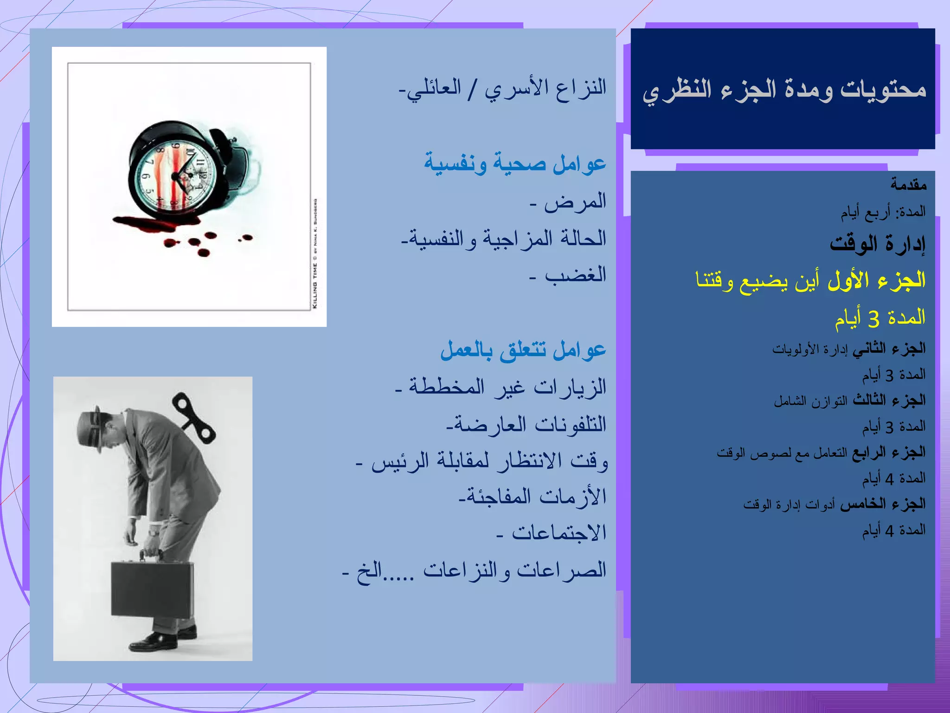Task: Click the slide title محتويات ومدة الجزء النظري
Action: coord(784,90)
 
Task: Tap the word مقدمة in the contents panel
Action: coord(908,185)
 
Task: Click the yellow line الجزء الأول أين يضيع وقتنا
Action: coord(810,280)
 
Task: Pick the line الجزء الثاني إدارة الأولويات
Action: coord(848,349)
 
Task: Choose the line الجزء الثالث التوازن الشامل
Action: coord(849,400)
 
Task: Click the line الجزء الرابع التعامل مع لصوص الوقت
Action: coord(821,452)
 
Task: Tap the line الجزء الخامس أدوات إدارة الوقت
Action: coord(834,504)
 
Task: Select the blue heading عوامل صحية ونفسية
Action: coord(515,163)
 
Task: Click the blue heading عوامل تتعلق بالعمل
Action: coord(523,350)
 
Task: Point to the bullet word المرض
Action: coord(575,201)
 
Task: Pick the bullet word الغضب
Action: coord(575,275)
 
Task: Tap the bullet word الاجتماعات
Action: coord(558,533)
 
